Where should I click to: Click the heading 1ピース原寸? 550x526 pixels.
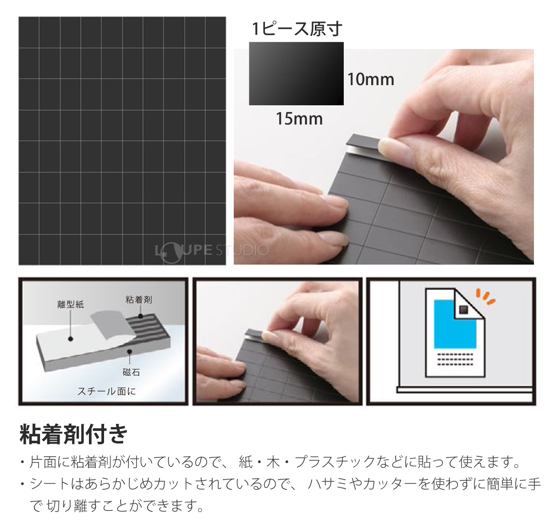(x=297, y=29)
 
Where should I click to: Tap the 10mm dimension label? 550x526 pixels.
(x=370, y=79)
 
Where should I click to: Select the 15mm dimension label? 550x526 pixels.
(x=299, y=119)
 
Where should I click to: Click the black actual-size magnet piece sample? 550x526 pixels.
(x=296, y=74)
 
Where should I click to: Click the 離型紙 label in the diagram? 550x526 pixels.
(x=71, y=304)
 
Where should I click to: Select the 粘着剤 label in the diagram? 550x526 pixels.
(x=138, y=300)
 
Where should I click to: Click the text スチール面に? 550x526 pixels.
(x=106, y=391)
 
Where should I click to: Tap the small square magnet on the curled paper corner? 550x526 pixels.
(x=463, y=309)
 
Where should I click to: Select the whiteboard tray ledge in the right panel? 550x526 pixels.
(x=465, y=389)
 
